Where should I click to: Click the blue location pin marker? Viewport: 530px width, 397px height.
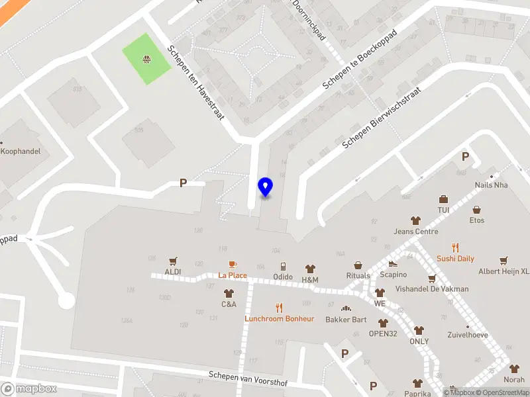pyautogui.click(x=265, y=187)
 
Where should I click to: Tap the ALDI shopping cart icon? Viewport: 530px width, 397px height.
pyautogui.click(x=174, y=261)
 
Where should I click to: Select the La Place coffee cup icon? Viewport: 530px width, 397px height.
pyautogui.click(x=233, y=265)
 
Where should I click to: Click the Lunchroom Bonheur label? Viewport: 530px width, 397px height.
pyautogui.click(x=279, y=318)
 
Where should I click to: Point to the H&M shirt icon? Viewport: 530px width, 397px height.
pyautogui.click(x=310, y=269)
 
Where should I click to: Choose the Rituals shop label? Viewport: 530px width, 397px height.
pyautogui.click(x=358, y=275)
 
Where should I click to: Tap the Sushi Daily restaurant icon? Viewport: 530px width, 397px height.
pyautogui.click(x=455, y=248)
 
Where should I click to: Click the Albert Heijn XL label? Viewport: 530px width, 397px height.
pyautogui.click(x=503, y=271)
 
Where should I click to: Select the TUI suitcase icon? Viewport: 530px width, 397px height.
pyautogui.click(x=443, y=199)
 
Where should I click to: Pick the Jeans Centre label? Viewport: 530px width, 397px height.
pyautogui.click(x=416, y=232)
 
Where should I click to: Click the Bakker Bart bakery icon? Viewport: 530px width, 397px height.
pyautogui.click(x=345, y=308)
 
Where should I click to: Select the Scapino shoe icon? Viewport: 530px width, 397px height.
pyautogui.click(x=393, y=263)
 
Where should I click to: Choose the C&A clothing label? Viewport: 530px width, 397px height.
pyautogui.click(x=229, y=304)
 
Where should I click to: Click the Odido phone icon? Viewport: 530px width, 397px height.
pyautogui.click(x=283, y=267)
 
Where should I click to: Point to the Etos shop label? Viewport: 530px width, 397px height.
pyautogui.click(x=477, y=220)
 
